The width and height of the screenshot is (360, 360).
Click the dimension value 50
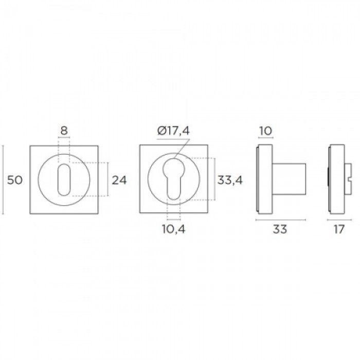point(15,180)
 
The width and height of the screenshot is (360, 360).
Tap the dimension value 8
point(64,131)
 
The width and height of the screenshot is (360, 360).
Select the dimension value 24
point(119,180)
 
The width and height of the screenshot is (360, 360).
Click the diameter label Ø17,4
point(174,131)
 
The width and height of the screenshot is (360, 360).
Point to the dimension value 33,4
point(230,180)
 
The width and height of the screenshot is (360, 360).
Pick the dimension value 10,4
point(174,229)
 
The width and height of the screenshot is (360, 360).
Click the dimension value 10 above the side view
point(266,131)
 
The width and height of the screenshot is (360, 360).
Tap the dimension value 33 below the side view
point(280,229)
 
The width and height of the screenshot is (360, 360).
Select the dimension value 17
point(339,229)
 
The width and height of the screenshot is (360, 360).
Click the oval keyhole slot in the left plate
point(64,179)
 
